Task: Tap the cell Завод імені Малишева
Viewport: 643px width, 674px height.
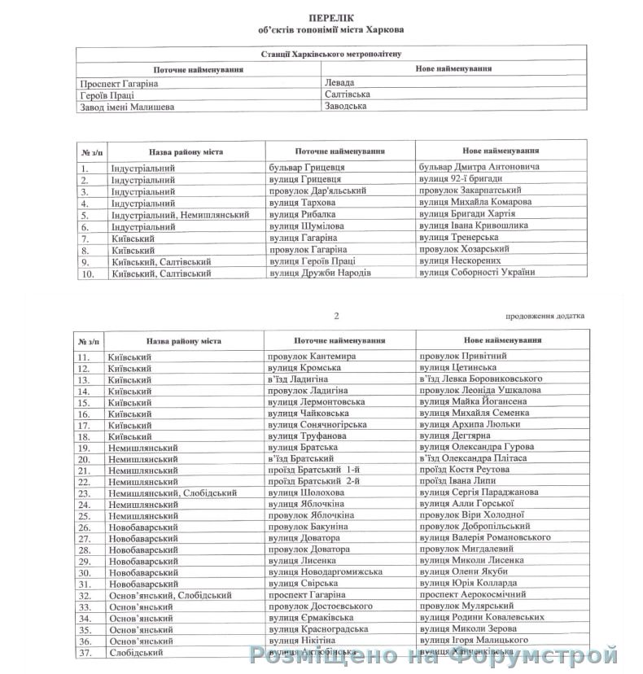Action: [x=127, y=107]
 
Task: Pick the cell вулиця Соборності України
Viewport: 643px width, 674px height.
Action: [x=476, y=273]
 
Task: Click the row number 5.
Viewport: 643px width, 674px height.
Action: [x=85, y=214]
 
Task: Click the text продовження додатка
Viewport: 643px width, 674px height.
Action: [x=545, y=315]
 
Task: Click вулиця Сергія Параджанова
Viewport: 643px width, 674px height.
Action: [x=479, y=492]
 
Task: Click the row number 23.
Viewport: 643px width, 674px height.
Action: [x=84, y=492]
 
